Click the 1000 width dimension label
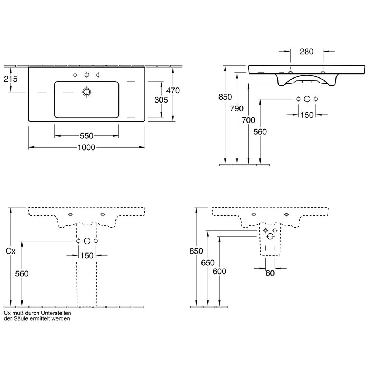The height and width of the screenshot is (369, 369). [86, 148]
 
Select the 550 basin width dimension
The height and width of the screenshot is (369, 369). [86, 136]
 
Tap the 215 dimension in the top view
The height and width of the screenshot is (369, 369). [10, 79]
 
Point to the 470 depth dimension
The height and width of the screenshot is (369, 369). [173, 90]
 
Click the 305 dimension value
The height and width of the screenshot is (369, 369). [161, 100]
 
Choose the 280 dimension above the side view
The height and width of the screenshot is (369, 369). [306, 51]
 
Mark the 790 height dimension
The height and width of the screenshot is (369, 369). [237, 108]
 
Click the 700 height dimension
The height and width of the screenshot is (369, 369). [249, 120]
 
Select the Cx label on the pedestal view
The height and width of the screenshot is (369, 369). [11, 251]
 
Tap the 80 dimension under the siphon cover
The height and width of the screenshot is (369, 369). [270, 274]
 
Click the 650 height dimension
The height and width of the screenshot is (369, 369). [208, 263]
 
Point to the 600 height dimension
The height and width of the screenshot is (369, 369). [220, 272]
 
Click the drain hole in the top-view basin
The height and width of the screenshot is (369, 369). [87, 92]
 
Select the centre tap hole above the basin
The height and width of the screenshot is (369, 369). [87, 75]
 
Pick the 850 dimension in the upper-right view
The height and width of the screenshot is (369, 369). [225, 97]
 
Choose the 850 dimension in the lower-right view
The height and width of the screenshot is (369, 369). [196, 251]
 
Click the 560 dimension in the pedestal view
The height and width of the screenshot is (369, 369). [22, 273]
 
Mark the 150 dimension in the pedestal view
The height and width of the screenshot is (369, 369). [87, 255]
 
